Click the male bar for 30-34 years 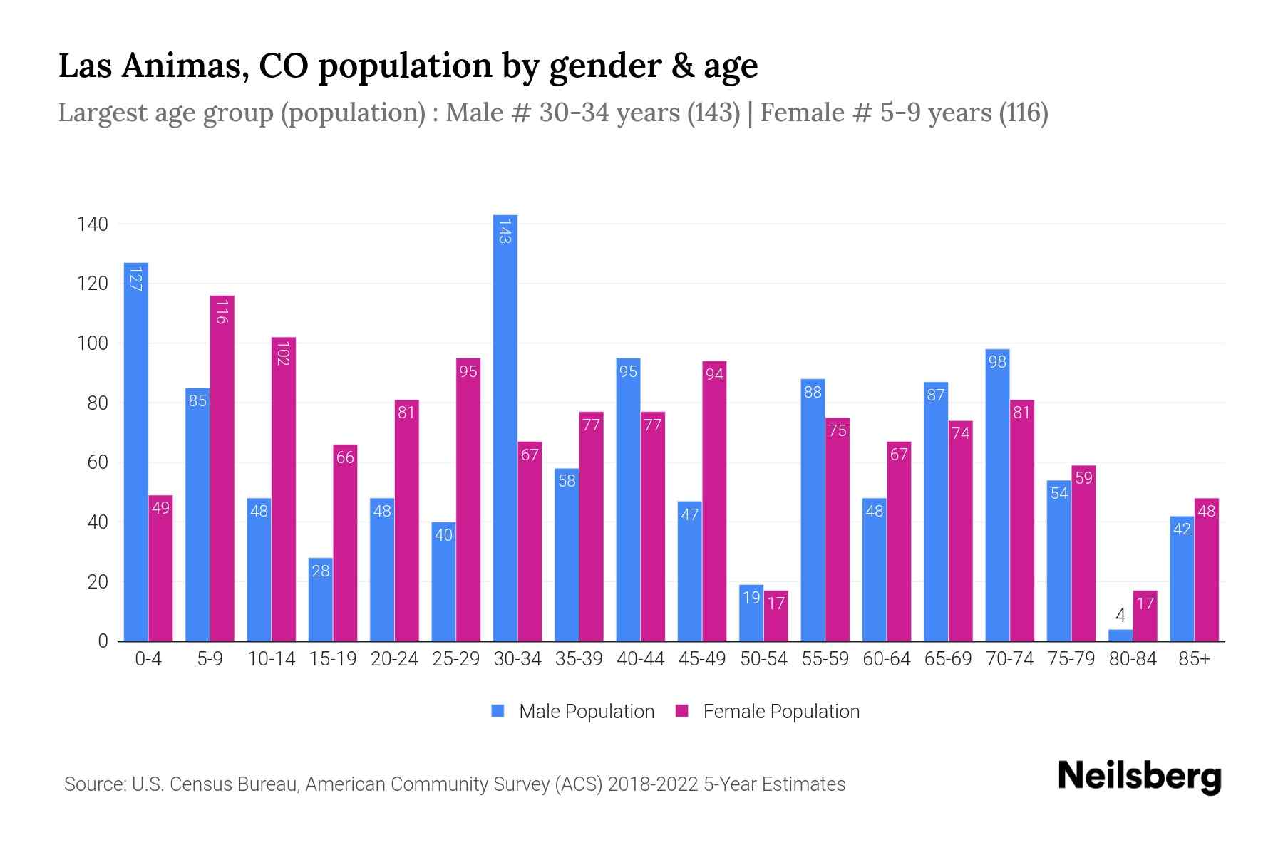[505, 427]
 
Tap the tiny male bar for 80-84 [1120, 635]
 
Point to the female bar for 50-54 [776, 616]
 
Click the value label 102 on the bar [283, 353]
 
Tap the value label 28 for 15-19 [321, 571]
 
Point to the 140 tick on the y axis [93, 224]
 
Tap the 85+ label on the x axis [1194, 659]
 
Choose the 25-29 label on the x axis [455, 659]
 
